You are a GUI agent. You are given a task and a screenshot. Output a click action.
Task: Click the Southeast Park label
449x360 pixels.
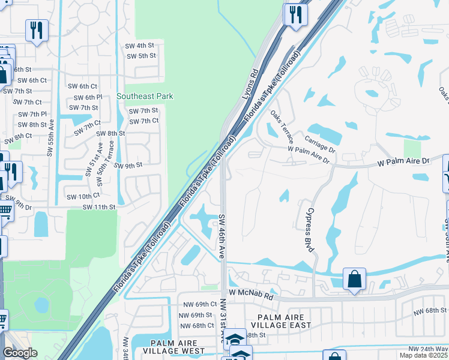click(145, 96)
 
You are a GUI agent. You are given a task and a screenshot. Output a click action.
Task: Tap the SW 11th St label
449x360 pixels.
click(99, 207)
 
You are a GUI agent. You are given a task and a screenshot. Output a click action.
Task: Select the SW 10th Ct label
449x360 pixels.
click(83, 197)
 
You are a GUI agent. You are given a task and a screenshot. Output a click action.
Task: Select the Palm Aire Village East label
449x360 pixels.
click(285, 321)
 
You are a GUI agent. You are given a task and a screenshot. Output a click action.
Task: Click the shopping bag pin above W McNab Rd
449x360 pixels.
click(354, 279)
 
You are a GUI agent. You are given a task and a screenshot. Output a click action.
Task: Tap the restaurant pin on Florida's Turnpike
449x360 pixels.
click(295, 14)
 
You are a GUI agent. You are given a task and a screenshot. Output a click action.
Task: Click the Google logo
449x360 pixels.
click(20, 353)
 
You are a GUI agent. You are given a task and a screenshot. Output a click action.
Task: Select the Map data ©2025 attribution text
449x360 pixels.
click(427, 355)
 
